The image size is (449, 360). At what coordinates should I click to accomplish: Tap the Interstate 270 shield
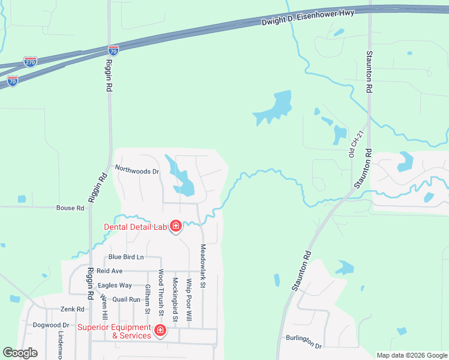click(30, 61)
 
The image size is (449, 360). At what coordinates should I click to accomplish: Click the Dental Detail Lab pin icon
click(176, 226)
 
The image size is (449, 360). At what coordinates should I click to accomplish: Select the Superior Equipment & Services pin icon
click(160, 331)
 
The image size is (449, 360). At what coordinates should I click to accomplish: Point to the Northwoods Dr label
click(137, 171)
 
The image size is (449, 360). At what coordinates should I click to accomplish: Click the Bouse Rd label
click(70, 208)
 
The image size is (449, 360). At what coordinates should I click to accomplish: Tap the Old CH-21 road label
click(352, 145)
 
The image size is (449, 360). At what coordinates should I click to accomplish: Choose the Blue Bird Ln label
click(126, 257)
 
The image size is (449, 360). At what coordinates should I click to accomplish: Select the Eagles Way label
click(115, 286)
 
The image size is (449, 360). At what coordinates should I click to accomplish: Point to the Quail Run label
click(127, 299)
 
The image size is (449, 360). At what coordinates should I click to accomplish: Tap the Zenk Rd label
click(72, 309)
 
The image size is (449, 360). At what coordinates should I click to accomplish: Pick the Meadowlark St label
click(203, 265)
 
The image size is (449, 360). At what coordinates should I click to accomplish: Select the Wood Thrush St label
click(161, 292)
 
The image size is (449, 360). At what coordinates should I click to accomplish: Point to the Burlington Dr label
click(304, 342)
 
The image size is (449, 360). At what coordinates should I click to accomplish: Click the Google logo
click(20, 353)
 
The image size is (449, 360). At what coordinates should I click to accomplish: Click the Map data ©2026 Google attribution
click(411, 355)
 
